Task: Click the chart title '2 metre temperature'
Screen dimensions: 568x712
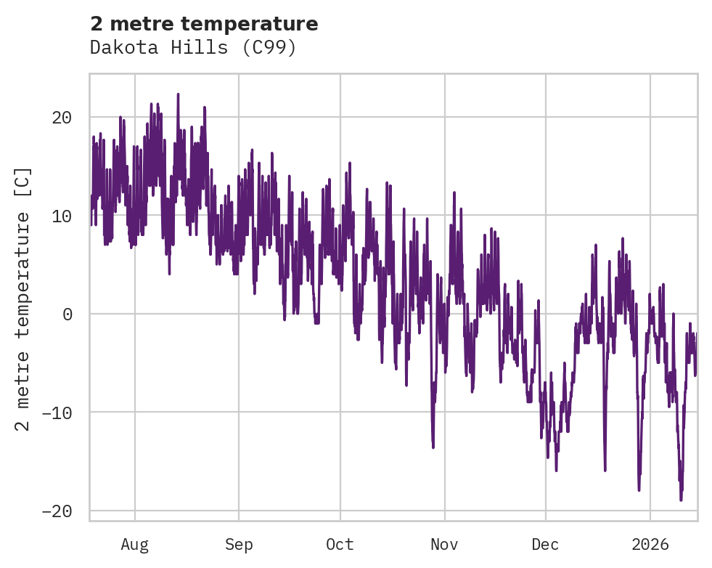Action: [x=204, y=24]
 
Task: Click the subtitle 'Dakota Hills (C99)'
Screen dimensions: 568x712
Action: [x=193, y=47]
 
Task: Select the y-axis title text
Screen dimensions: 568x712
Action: [x=23, y=299]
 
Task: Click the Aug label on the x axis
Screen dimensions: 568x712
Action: [x=134, y=544]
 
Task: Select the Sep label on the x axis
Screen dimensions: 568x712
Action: [x=238, y=544]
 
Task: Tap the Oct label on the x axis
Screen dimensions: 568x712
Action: [x=340, y=544]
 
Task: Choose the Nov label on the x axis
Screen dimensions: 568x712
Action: [x=444, y=544]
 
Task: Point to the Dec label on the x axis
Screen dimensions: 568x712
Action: [x=545, y=544]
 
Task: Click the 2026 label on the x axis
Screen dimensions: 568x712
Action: [x=650, y=544]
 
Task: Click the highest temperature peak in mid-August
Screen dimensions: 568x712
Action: [x=178, y=94]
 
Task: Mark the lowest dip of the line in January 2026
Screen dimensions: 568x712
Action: [x=681, y=500]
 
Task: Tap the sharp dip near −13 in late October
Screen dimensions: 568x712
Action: [x=433, y=447]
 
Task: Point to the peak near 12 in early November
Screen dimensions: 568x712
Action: [x=454, y=192]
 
